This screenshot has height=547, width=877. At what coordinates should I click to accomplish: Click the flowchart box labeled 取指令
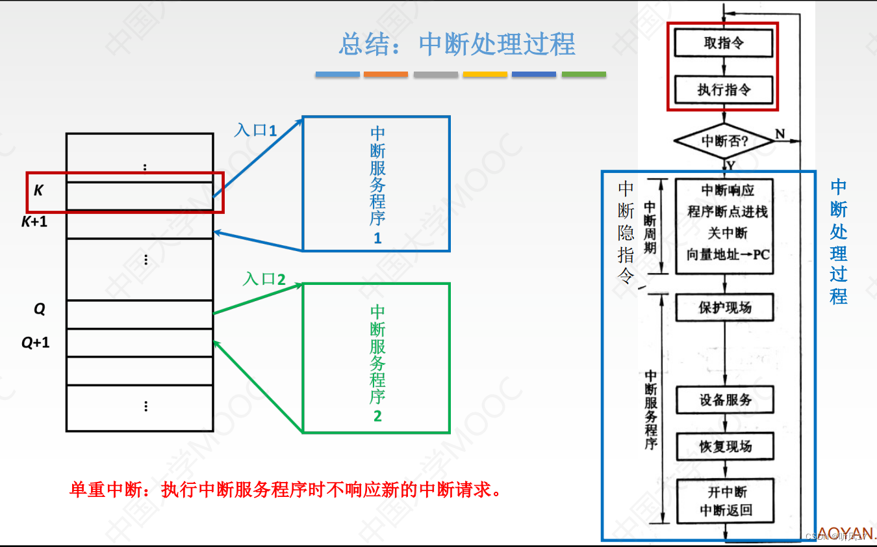pos(724,44)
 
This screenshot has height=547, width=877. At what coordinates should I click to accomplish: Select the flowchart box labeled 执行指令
pos(724,90)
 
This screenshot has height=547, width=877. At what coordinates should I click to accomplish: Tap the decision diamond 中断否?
pos(724,140)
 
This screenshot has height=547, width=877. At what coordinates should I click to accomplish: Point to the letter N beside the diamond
pos(780,134)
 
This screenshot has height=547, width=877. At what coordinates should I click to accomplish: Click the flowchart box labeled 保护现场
pos(724,307)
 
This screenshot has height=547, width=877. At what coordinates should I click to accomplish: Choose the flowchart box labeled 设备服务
pos(725,399)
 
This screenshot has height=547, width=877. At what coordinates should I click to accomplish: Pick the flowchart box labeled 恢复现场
pos(725,446)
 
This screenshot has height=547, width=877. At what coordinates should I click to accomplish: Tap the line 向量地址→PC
pos(728,254)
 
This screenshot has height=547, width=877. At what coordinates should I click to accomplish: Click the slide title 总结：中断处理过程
pos(457,44)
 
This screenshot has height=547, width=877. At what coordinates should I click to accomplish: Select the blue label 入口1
pos(255,129)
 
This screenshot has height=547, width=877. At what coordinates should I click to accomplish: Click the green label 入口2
pos(264,279)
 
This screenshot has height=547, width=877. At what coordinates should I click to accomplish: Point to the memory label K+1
pos(34,222)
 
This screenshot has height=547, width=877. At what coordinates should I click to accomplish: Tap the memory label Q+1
pos(36,342)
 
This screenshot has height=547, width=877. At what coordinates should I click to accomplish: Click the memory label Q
pos(40,309)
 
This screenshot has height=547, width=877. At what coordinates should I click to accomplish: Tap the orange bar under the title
pos(386,74)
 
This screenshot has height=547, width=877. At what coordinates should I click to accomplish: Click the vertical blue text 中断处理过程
pos(839,242)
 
